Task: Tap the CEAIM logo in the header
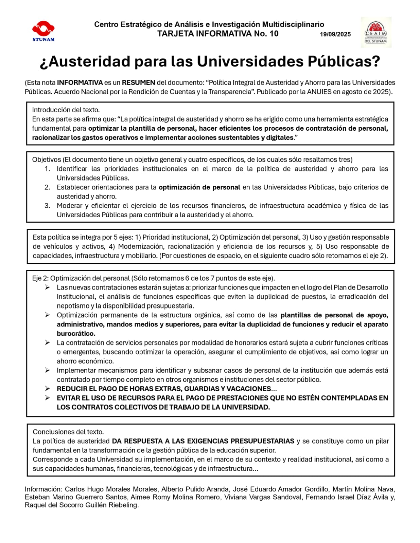tap(376, 32)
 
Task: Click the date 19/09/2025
tap(335, 34)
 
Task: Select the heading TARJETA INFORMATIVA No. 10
tap(218, 34)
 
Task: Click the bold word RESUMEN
tap(138, 82)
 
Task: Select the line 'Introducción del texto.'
tap(66, 110)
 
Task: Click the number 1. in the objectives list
tap(48, 169)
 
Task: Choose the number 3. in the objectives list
tap(48, 206)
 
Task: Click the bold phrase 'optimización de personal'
tap(199, 187)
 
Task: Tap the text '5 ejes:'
tap(123, 237)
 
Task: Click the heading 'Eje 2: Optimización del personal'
tap(81, 278)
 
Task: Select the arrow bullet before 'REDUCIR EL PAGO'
tap(48, 389)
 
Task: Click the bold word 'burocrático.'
tap(76, 333)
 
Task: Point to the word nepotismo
tap(72, 306)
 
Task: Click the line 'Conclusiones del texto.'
tap(68, 432)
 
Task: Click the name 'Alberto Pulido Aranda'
tap(195, 489)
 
